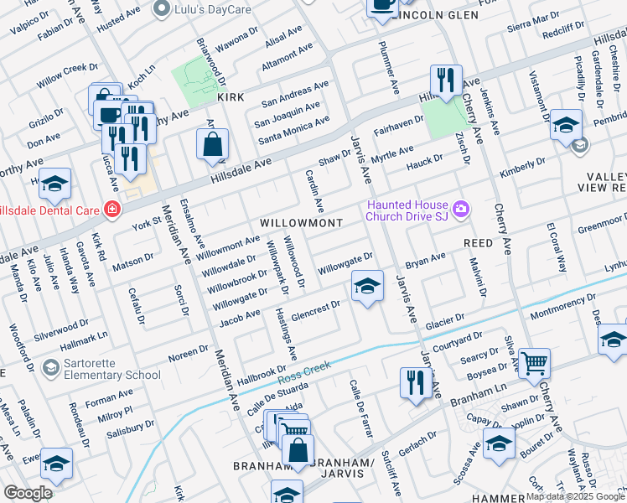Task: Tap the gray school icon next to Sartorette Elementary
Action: [51, 367]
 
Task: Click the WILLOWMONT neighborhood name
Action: [301, 223]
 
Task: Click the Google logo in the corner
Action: [28, 492]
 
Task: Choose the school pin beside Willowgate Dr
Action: [366, 287]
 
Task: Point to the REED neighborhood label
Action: [478, 242]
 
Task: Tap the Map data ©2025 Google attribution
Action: [574, 496]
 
